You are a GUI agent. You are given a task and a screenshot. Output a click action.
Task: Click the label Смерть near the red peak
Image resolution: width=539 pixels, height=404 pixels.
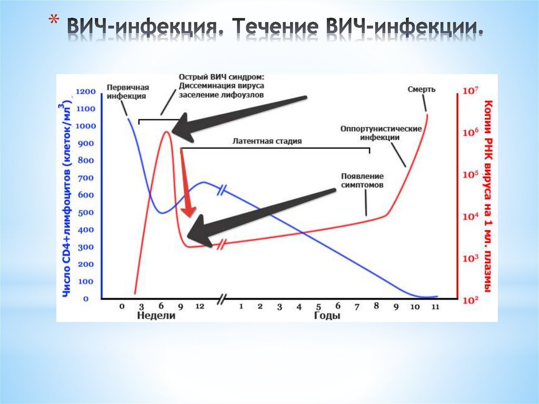(421, 89)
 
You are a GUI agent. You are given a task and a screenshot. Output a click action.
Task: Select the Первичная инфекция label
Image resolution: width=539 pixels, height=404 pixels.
(126, 92)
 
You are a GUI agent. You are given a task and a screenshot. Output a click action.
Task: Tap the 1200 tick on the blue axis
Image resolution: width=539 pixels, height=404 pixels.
(87, 92)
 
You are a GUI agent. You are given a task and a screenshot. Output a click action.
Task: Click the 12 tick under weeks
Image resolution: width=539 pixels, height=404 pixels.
(199, 306)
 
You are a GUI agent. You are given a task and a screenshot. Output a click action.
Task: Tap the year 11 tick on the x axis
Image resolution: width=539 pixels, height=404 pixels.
(435, 306)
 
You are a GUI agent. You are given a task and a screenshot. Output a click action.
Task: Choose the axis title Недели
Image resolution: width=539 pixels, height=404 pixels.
(156, 316)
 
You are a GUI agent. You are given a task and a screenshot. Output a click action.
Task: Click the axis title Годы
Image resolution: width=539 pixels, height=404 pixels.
(327, 316)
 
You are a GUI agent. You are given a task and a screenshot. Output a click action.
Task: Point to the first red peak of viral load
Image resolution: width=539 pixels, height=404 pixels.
(166, 132)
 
